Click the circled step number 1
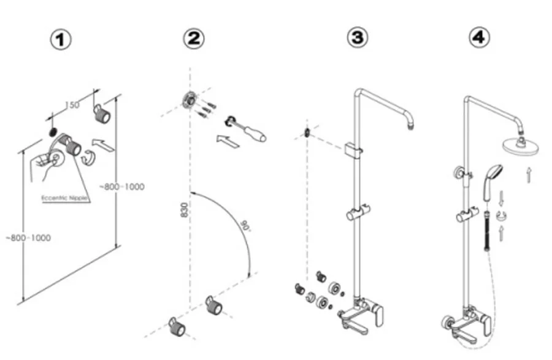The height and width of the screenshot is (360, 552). point(61,40)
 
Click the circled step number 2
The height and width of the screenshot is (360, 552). point(193,40)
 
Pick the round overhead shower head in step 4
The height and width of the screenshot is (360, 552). point(519,146)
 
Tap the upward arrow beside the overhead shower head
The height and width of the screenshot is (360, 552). point(529,176)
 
